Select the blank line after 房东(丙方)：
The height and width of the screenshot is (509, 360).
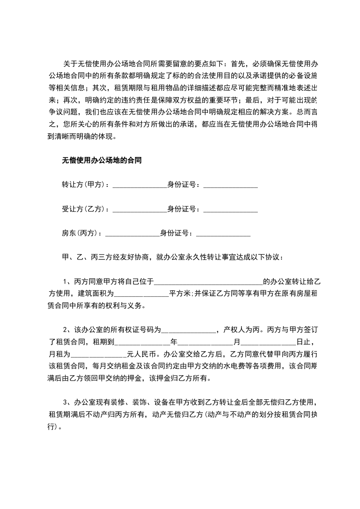coord(133,235)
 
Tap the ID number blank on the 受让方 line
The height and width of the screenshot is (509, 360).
coord(231,210)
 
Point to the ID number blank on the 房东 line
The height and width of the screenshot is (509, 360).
coord(223,235)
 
